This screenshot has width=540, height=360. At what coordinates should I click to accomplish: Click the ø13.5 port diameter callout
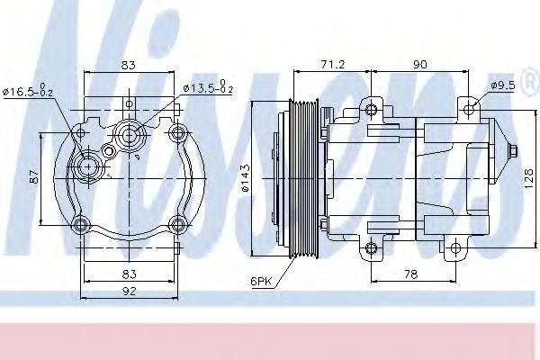[x=208, y=88]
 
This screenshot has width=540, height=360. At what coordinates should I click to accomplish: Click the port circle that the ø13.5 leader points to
[x=126, y=137]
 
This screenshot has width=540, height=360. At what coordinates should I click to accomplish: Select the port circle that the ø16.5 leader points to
[x=87, y=166]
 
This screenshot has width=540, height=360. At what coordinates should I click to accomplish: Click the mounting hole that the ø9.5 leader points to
[x=472, y=111]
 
